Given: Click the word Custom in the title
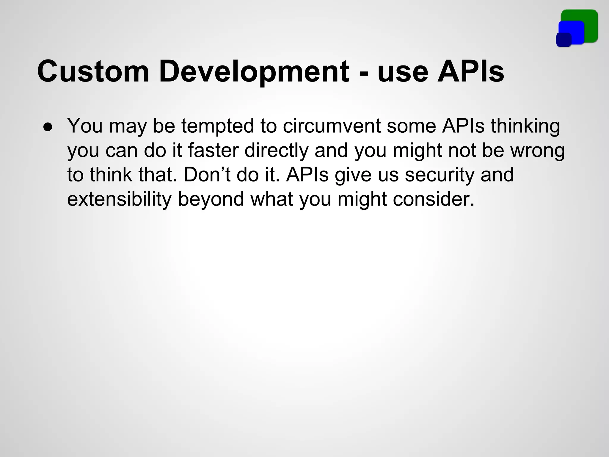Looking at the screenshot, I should click(93, 72).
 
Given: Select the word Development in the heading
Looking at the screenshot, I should click(254, 72).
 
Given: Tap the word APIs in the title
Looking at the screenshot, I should click(470, 72).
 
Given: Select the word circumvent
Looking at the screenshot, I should click(332, 126).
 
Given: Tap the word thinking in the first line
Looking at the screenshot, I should click(525, 126).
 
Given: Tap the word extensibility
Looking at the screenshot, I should click(119, 199).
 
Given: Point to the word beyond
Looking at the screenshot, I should click(211, 199).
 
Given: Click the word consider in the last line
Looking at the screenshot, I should click(433, 199).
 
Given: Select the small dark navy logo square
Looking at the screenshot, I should click(564, 40).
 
